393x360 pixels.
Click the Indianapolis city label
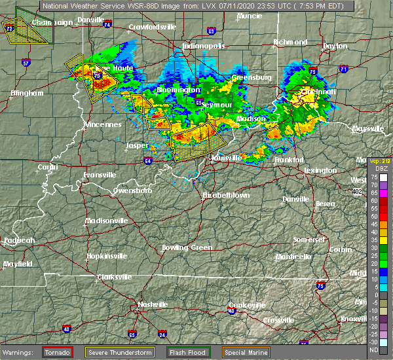coord(204,46)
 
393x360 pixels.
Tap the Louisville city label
coord(226,158)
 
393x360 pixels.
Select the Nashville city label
coord(151,304)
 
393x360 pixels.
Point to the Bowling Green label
coord(187,247)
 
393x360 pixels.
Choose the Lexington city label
coord(321,170)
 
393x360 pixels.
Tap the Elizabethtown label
coord(226,195)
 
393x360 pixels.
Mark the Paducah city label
coord(18,240)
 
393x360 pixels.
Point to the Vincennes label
coord(103,124)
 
